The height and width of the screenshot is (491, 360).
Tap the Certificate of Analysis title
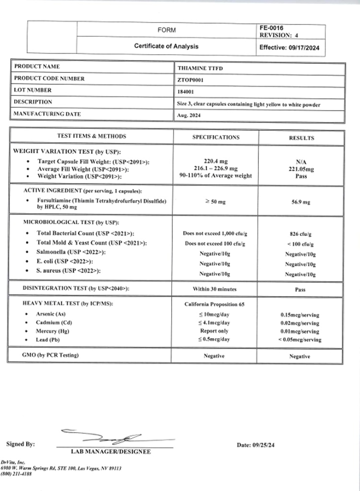point(166,47)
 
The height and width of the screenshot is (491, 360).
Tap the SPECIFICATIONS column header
point(216,137)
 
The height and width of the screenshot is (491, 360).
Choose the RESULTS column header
point(301,138)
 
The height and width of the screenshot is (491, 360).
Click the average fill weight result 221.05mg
point(301,169)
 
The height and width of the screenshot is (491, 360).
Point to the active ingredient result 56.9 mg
point(301,202)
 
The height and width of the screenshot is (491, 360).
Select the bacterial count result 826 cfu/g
point(301,234)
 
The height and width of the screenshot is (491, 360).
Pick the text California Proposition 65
point(215,304)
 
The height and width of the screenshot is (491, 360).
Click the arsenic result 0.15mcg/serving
point(300,315)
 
